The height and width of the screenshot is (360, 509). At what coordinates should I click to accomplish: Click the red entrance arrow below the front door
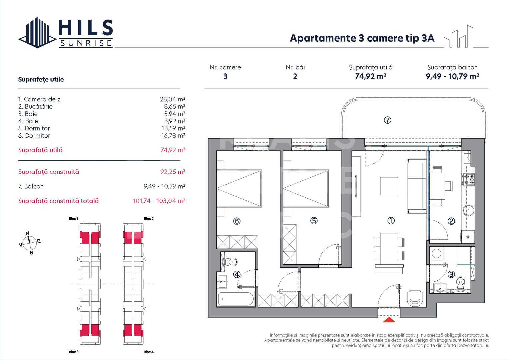[x=389, y=320]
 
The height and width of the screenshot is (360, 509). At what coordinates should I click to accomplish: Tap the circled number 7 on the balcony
[x=387, y=120]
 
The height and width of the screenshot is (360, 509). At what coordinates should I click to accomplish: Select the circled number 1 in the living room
[x=391, y=221]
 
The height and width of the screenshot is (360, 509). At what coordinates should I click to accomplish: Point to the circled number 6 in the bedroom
[x=237, y=221]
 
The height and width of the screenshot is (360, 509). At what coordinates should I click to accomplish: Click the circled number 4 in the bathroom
[x=237, y=274]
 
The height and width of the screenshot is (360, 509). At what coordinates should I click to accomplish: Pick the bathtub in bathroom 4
[x=235, y=299]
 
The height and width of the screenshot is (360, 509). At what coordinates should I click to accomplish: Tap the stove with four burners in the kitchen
[x=468, y=179]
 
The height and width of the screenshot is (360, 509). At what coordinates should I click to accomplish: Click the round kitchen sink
[x=468, y=210]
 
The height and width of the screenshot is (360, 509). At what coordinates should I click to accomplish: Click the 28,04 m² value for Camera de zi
[x=172, y=99]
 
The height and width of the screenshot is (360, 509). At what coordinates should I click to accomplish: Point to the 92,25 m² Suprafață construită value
[x=172, y=172]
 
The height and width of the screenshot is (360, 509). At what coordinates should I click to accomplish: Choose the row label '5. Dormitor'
[x=34, y=128]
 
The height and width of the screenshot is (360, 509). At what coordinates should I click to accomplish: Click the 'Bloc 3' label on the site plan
[x=74, y=352]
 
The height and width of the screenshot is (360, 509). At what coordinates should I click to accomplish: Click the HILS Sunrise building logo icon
[x=37, y=33]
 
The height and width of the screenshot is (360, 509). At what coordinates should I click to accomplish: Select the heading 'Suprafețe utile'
[x=41, y=79]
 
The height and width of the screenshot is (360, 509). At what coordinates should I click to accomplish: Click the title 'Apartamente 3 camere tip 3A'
[x=362, y=38]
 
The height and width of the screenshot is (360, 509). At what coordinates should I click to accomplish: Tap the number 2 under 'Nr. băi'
[x=295, y=76]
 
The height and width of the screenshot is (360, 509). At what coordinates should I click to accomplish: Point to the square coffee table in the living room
[x=389, y=186]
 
